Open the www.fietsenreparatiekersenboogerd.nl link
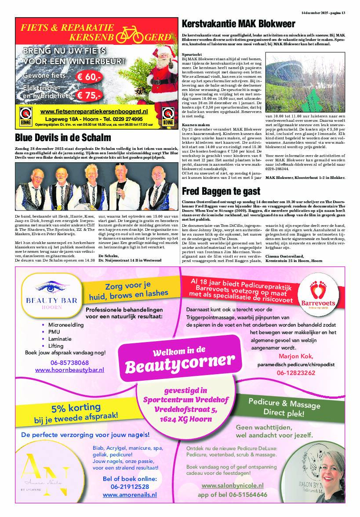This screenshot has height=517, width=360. pos(100,112)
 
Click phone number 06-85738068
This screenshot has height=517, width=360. pos(70,363)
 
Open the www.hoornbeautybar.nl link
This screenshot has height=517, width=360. pos(69,370)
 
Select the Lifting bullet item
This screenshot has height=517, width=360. pos(56,346)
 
